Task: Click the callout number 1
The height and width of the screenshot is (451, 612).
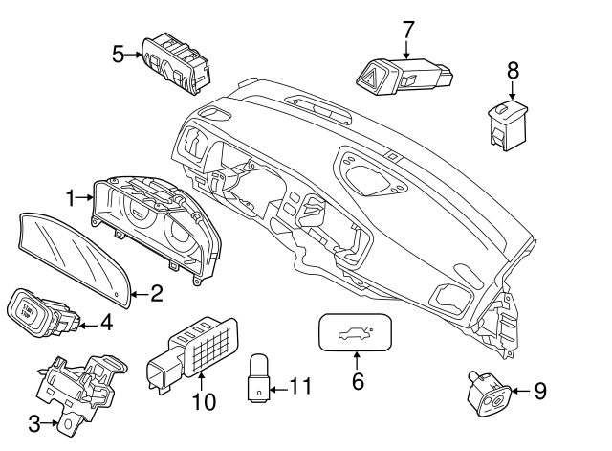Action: tap(70, 197)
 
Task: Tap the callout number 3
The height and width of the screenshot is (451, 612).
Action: tap(35, 421)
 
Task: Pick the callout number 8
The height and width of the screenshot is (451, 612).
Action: tap(512, 71)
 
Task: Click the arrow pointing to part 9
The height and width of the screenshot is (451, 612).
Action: tap(518, 391)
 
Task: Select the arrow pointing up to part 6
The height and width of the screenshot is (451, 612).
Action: tap(356, 361)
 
